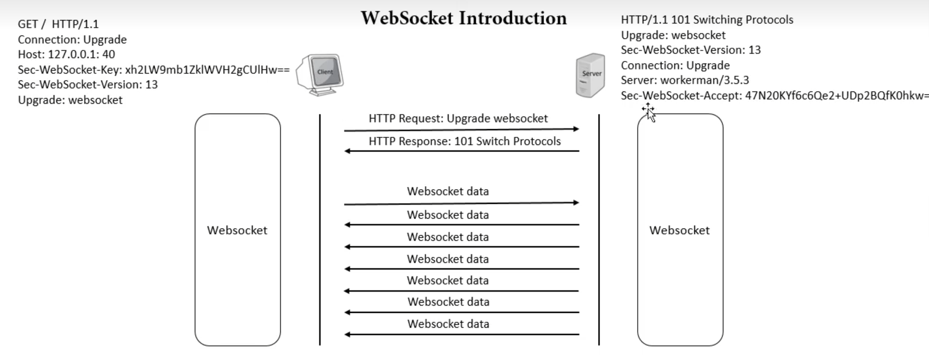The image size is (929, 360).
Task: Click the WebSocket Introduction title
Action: [x=464, y=18]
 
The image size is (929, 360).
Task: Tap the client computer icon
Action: [x=320, y=75]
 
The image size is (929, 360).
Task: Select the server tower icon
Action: [x=590, y=75]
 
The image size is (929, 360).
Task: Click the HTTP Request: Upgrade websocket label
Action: [x=458, y=118]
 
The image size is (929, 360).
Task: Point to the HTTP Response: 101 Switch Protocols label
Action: [x=464, y=141]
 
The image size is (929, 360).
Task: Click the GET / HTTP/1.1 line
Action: [x=58, y=24]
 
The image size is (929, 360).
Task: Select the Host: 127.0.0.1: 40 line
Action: [x=66, y=55]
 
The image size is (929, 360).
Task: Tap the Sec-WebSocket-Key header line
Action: [x=154, y=70]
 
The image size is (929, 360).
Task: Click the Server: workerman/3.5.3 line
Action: [x=685, y=80]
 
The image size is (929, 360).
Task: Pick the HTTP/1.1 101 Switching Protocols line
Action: [x=707, y=20]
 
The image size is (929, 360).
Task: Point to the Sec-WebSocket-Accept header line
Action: [x=775, y=96]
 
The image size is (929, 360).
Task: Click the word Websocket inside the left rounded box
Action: [x=237, y=230]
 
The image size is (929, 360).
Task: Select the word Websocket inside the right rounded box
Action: [x=680, y=230]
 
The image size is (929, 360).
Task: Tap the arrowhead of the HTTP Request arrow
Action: [x=576, y=129]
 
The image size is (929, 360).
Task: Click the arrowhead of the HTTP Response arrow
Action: [x=347, y=151]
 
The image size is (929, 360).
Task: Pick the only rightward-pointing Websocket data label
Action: [x=448, y=192]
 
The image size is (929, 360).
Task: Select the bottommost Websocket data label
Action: [x=448, y=324]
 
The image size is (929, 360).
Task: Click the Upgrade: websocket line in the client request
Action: [x=70, y=100]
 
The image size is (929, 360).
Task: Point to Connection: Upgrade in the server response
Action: [x=675, y=65]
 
